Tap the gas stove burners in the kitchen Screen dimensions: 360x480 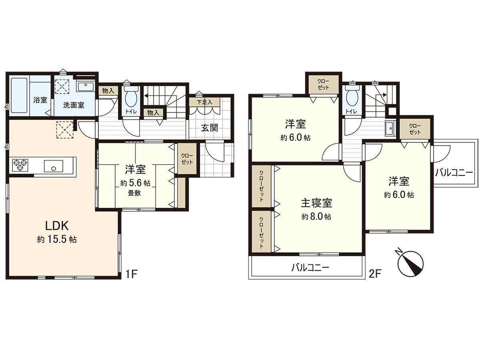coord(20,165)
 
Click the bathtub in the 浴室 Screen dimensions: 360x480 coord(19,95)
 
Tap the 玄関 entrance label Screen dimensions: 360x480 coord(209,128)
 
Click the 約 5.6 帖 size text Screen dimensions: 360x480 coord(135,183)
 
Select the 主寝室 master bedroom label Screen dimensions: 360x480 coord(316,203)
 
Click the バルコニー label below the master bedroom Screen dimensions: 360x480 coord(310,267)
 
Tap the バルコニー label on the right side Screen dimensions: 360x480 coord(454,173)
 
